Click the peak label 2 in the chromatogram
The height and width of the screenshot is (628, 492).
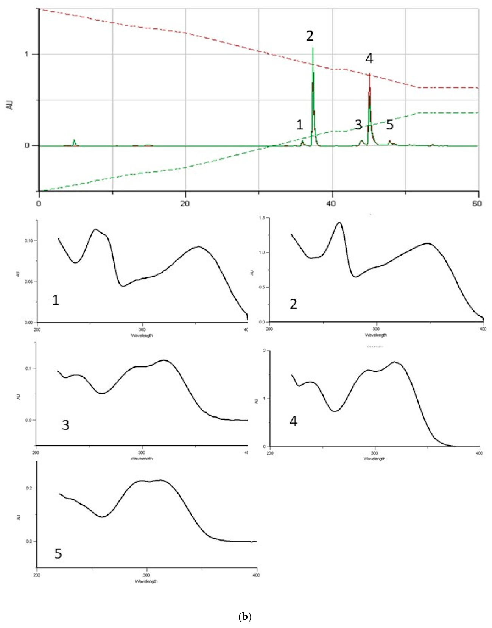[310, 36]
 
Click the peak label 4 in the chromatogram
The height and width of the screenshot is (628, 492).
[369, 59]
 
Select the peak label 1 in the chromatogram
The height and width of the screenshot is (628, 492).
[299, 125]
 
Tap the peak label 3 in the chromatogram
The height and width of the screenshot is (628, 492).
[358, 125]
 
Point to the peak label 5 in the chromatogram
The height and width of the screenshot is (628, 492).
[390, 125]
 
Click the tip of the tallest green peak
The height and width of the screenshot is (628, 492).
[313, 48]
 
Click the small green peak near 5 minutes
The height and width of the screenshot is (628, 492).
[74, 140]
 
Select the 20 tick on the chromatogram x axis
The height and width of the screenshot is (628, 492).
[185, 204]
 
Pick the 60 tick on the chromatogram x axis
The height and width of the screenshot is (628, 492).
[477, 204]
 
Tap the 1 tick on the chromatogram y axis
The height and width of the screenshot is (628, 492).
[26, 54]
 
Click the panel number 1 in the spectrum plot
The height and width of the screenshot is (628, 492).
[56, 300]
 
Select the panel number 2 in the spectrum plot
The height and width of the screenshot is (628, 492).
[293, 304]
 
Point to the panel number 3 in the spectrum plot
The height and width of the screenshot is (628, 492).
[65, 425]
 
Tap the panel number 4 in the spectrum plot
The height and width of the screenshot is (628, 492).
[293, 421]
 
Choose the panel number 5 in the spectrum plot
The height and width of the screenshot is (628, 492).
[58, 554]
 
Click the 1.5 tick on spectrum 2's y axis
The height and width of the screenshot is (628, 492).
[262, 218]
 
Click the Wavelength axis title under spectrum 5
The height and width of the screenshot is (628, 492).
[146, 581]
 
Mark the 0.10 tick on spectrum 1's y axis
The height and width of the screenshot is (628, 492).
[29, 241]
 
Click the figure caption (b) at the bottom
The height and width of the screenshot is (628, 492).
[245, 617]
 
